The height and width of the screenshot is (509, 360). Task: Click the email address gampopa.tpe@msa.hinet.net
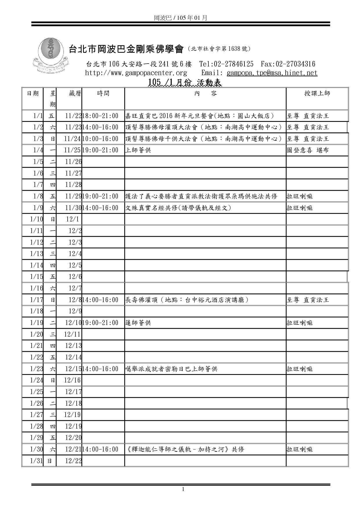[272, 73]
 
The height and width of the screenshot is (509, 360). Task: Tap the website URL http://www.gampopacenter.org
[136, 73]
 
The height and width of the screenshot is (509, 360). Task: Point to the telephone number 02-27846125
[233, 64]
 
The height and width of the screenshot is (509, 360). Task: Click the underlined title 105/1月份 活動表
[185, 83]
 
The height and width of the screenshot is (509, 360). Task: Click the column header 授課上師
[317, 93]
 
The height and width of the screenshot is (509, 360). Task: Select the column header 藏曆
[75, 93]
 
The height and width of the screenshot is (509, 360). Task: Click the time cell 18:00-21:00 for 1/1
[100, 116]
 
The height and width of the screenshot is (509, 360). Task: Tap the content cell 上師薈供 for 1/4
[138, 150]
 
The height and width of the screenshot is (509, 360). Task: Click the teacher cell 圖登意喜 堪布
[308, 150]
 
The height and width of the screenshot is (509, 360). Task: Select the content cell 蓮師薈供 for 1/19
[138, 323]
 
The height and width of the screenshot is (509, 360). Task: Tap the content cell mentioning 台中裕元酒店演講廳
[187, 300]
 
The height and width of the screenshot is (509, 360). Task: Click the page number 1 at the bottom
[183, 490]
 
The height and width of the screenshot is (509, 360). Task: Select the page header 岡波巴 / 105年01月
[180, 18]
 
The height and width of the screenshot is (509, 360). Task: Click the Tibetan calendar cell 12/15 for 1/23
[73, 369]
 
